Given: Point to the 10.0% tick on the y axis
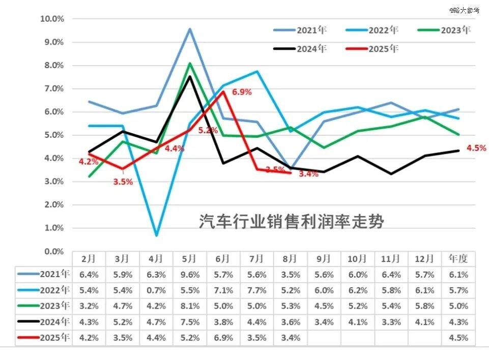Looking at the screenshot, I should [x=52, y=19].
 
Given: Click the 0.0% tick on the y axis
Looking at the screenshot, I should [x=53, y=251].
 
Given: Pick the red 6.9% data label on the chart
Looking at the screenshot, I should [x=242, y=93].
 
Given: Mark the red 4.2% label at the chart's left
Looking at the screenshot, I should [x=88, y=162].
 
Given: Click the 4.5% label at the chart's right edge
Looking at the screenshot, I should [x=476, y=148].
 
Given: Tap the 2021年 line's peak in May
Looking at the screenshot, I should [x=190, y=29].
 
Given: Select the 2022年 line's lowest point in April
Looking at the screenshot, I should [x=156, y=235].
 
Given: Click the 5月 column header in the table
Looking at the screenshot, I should [x=190, y=258].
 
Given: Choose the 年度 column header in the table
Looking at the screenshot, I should [x=458, y=258].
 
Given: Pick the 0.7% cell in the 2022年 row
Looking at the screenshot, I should [x=156, y=290].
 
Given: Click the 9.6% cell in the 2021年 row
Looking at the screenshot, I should [x=190, y=275].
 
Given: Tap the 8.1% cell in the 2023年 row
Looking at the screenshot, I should [x=190, y=306].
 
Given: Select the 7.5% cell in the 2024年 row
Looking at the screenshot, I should [x=190, y=322].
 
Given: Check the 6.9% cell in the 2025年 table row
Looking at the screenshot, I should [x=223, y=338].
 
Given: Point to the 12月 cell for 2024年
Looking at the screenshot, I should [x=425, y=322].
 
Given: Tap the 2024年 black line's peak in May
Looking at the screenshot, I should [x=190, y=77].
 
